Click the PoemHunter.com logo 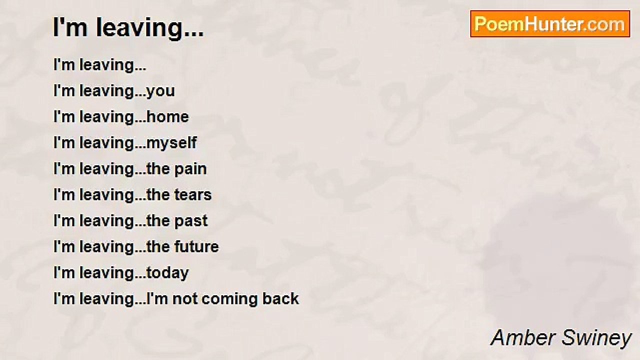(x=550, y=24)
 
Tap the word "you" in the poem (x=160, y=92)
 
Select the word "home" (x=167, y=117)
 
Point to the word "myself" (x=171, y=143)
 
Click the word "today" (x=167, y=273)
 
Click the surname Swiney (x=596, y=339)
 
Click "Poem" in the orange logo (x=499, y=24)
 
